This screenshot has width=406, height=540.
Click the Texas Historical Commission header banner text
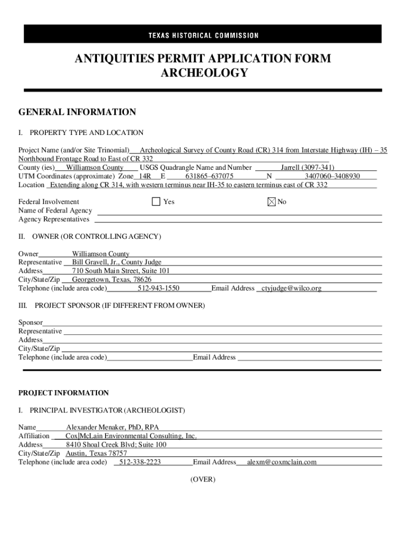click(x=203, y=35)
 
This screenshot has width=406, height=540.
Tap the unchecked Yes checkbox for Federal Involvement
click(x=156, y=202)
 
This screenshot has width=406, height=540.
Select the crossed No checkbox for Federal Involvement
click(x=272, y=202)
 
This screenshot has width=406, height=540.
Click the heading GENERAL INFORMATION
click(x=77, y=112)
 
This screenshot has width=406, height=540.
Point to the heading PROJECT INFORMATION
click(x=63, y=393)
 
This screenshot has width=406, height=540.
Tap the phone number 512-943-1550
click(x=159, y=288)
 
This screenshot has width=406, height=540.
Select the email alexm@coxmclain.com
click(x=282, y=462)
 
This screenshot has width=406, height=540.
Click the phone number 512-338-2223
click(x=140, y=462)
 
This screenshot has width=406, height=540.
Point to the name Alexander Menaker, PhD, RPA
click(x=112, y=427)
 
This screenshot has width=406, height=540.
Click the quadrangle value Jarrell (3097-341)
click(x=307, y=168)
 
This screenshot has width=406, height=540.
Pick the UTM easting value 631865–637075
click(x=209, y=176)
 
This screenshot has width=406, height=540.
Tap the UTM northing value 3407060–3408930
click(x=333, y=176)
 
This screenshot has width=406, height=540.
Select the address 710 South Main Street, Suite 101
click(x=121, y=271)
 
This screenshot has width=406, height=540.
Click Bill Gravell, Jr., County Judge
click(x=117, y=262)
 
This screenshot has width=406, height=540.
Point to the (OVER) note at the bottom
click(x=203, y=479)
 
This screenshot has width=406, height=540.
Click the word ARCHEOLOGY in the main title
click(x=203, y=73)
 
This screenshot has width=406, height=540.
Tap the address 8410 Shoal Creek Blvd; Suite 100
click(x=116, y=445)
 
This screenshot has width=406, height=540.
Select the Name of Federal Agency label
click(x=55, y=211)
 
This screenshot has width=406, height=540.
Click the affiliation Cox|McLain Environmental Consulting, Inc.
click(x=131, y=436)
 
